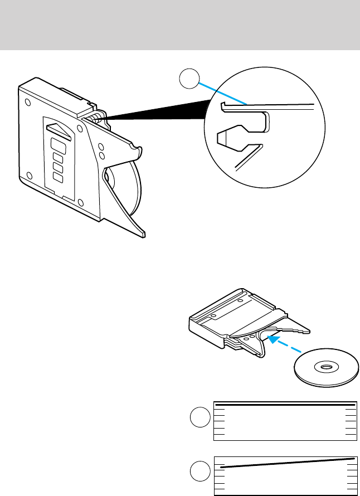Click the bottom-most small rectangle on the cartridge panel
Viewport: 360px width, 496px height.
[57, 177]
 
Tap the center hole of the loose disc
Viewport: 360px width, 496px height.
[325, 367]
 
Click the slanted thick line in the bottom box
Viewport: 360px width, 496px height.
[285, 462]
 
